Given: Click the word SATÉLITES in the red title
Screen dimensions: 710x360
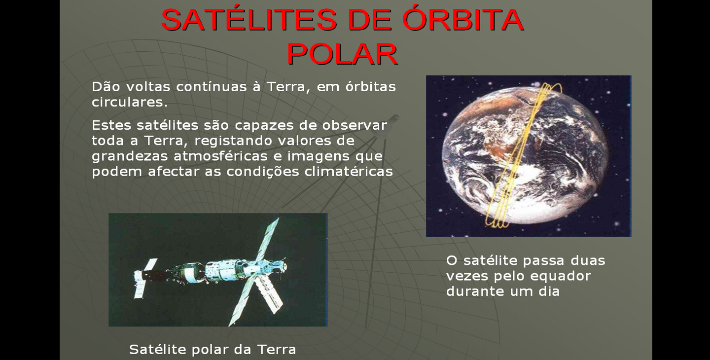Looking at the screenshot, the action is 249,20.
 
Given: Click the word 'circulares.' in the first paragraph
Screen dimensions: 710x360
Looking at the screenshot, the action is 130,102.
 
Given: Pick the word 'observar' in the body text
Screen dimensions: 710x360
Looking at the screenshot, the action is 355,125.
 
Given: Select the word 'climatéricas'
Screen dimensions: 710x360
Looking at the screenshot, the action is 349,172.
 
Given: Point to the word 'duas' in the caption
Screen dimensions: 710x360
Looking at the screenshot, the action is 588,260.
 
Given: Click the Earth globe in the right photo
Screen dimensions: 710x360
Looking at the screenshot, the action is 525,155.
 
